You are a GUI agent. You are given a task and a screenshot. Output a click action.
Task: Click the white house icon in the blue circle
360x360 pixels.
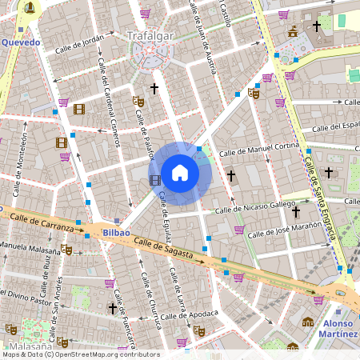(180, 173)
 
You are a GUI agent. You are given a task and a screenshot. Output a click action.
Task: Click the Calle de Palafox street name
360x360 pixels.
(146, 135)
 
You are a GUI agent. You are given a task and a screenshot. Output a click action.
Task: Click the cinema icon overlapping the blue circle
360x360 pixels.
(154, 179)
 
